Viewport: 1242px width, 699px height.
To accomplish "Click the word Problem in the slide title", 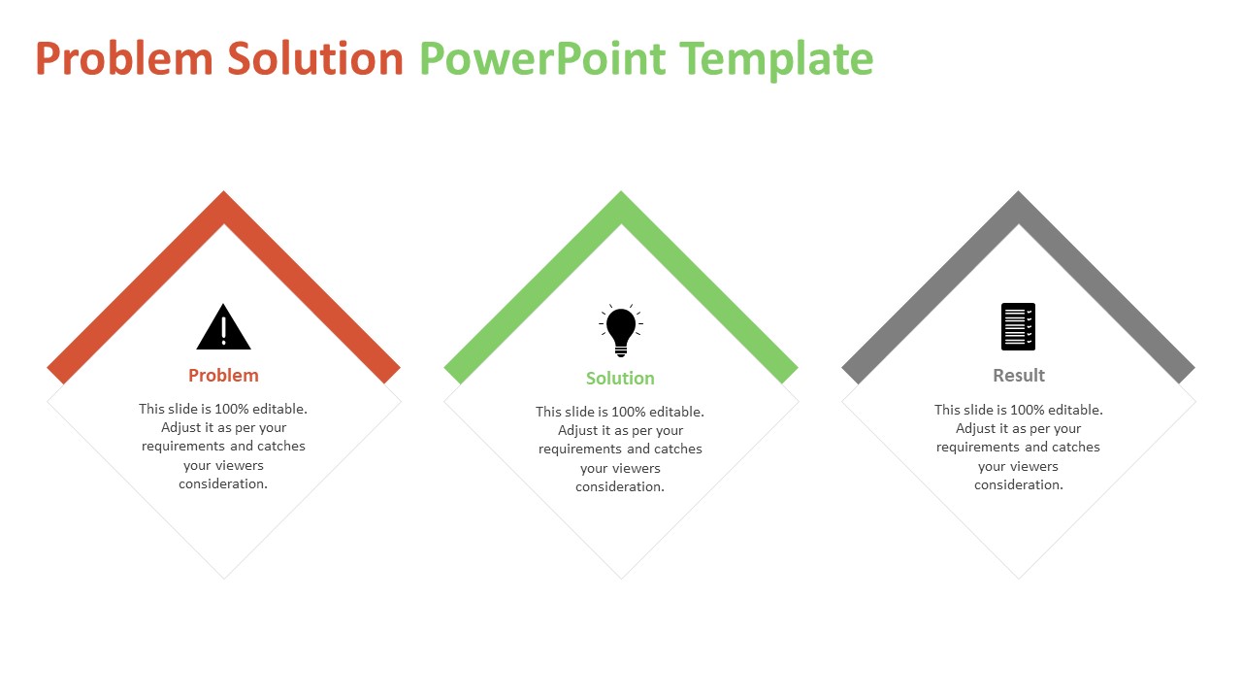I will [123, 59].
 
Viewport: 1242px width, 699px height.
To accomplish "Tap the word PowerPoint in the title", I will [542, 59].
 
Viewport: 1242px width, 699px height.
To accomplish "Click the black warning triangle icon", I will [223, 327].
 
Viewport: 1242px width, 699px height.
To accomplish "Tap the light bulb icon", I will [621, 330].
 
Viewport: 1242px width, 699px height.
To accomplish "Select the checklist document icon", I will [1018, 326].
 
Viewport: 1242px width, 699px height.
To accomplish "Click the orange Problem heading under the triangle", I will [223, 376].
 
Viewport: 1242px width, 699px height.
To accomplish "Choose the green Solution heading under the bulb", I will [620, 379].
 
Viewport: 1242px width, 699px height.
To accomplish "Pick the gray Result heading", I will [1019, 376].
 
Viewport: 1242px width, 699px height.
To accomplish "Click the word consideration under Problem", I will [223, 484].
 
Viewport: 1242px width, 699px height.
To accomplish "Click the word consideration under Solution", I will [620, 487].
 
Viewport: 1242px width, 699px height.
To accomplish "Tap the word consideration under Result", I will [1019, 485].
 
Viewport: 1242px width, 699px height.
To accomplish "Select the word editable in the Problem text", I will [279, 410].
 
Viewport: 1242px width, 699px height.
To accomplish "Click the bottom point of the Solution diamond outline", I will [621, 578].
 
